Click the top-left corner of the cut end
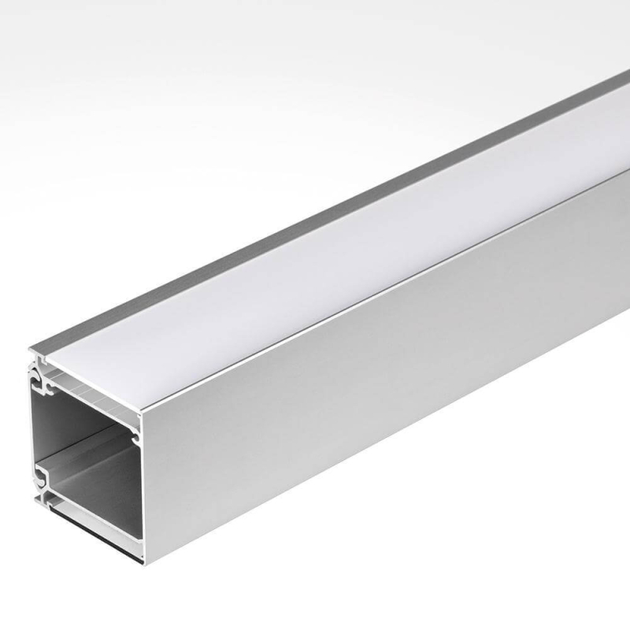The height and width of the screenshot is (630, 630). point(31,351)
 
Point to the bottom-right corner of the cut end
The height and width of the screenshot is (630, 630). point(144,561)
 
